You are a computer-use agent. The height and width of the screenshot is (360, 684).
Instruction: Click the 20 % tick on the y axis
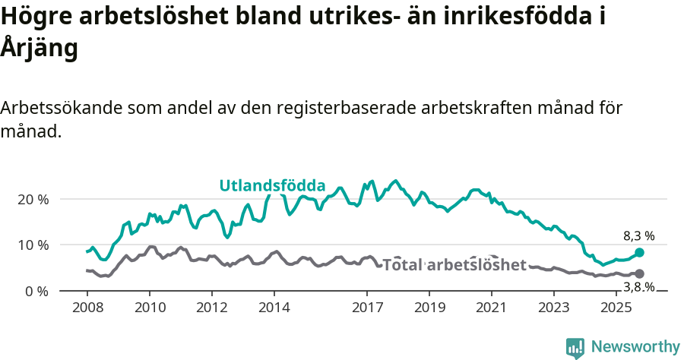[x=33, y=199]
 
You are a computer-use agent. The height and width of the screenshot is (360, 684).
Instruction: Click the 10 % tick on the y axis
[x=33, y=245]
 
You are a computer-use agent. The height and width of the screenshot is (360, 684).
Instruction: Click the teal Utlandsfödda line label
[x=272, y=185]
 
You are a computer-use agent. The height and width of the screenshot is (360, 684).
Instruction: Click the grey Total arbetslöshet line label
[x=454, y=265]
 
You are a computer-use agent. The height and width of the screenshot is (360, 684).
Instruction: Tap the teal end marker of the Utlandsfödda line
[x=639, y=253]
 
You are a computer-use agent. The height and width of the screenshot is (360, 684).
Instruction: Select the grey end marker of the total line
[x=639, y=273]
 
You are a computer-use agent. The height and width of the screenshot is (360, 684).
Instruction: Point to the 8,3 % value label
[x=638, y=236]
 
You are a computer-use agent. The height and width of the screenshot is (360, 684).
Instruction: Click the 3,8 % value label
[x=638, y=287]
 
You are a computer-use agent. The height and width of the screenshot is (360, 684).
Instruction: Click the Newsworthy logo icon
[x=575, y=347]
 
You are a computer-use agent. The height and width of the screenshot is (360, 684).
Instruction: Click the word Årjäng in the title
[x=40, y=48]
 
